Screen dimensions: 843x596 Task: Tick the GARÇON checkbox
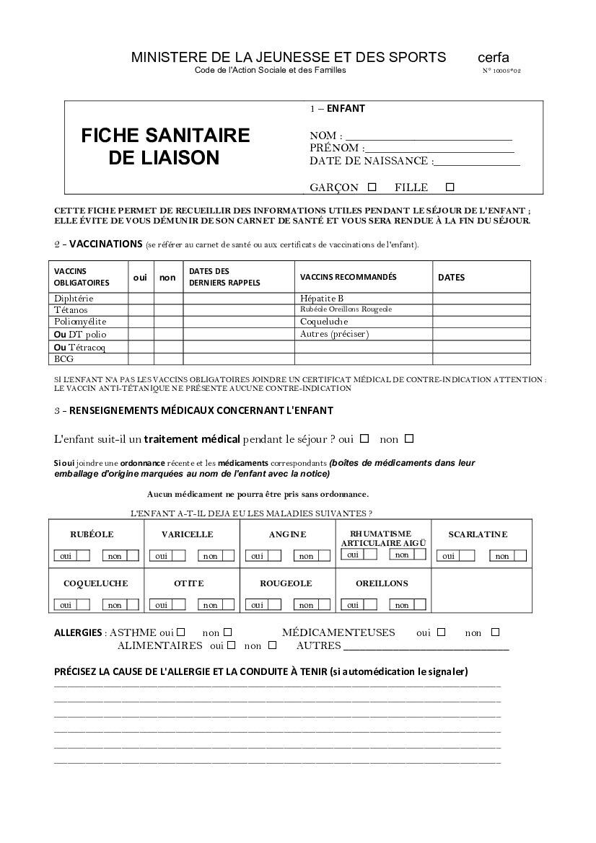pyautogui.click(x=372, y=187)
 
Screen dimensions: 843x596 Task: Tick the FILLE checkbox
pyautogui.click(x=450, y=187)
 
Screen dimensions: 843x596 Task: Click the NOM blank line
pyautogui.click(x=429, y=136)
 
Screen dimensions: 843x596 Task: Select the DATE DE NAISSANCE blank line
pyautogui.click(x=476, y=162)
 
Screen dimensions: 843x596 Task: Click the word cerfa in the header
pyautogui.click(x=493, y=58)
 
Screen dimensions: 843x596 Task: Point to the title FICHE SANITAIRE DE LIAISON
pyautogui.click(x=165, y=146)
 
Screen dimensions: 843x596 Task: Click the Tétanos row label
pyautogui.click(x=71, y=310)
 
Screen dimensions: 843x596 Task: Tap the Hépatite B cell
pyautogui.click(x=322, y=299)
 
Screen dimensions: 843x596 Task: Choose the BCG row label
pyautogui.click(x=63, y=358)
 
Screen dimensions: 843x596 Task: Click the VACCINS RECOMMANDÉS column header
pyautogui.click(x=348, y=277)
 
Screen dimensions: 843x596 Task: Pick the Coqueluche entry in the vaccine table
pyautogui.click(x=324, y=322)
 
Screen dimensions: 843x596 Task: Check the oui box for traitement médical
pyautogui.click(x=364, y=438)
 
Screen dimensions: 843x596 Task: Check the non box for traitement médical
pyautogui.click(x=409, y=438)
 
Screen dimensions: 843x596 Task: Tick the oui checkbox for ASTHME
pyautogui.click(x=181, y=632)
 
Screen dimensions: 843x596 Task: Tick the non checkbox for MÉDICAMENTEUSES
pyautogui.click(x=495, y=632)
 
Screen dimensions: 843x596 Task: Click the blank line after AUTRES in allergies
pyautogui.click(x=426, y=647)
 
